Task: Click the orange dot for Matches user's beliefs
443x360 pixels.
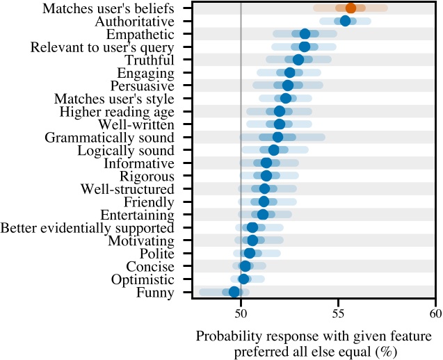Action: tap(351, 8)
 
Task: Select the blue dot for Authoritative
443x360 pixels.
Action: tap(345, 21)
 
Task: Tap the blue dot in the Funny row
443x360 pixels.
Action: tap(234, 292)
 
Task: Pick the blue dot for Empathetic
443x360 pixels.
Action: tap(305, 33)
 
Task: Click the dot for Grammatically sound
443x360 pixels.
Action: tap(277, 137)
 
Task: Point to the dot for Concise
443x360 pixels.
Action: tap(245, 266)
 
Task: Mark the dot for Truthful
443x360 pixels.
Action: tap(298, 59)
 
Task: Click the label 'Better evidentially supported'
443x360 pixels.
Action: tap(88, 228)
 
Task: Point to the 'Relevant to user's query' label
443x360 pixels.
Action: tap(102, 47)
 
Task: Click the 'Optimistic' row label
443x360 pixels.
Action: tap(143, 279)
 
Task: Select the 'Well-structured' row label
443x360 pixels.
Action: tap(127, 189)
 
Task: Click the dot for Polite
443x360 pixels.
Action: tap(250, 253)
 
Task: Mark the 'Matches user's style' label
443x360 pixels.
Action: tap(114, 99)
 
